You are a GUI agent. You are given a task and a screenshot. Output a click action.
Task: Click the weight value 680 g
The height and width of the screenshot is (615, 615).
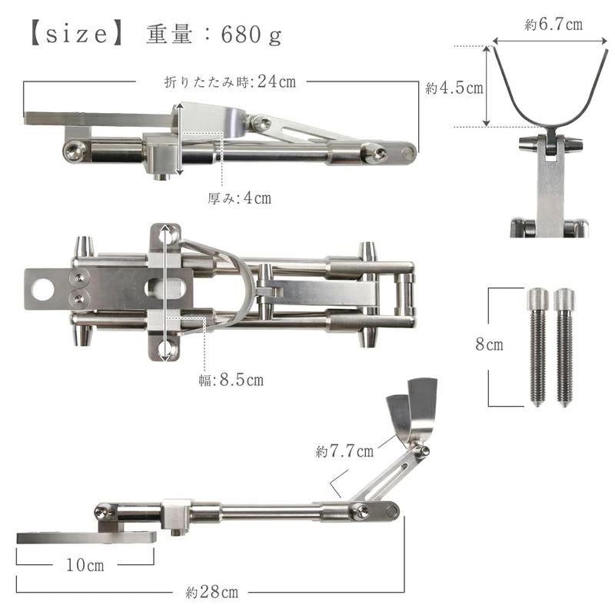[x=251, y=35]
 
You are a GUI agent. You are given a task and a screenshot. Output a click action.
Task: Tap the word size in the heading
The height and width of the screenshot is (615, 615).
[x=76, y=34]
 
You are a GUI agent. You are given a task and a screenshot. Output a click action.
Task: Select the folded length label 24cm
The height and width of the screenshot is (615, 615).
[x=277, y=81]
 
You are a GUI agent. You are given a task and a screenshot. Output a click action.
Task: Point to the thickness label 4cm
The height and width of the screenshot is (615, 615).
[x=258, y=198]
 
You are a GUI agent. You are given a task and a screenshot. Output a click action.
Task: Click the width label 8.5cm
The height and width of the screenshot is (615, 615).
[x=241, y=380]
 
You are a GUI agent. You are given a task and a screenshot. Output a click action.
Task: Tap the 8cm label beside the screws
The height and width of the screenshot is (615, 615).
[x=489, y=344]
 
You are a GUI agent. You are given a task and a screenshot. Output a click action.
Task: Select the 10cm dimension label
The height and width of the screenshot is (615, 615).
[x=85, y=565]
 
